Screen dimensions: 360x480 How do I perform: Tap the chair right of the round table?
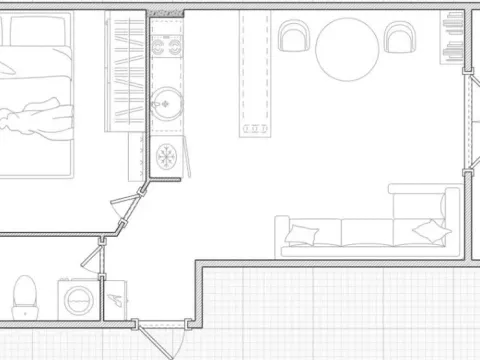400,38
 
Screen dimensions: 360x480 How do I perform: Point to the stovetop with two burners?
164,44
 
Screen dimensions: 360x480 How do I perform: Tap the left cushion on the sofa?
300,236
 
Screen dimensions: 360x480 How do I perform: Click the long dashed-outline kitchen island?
252,75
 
